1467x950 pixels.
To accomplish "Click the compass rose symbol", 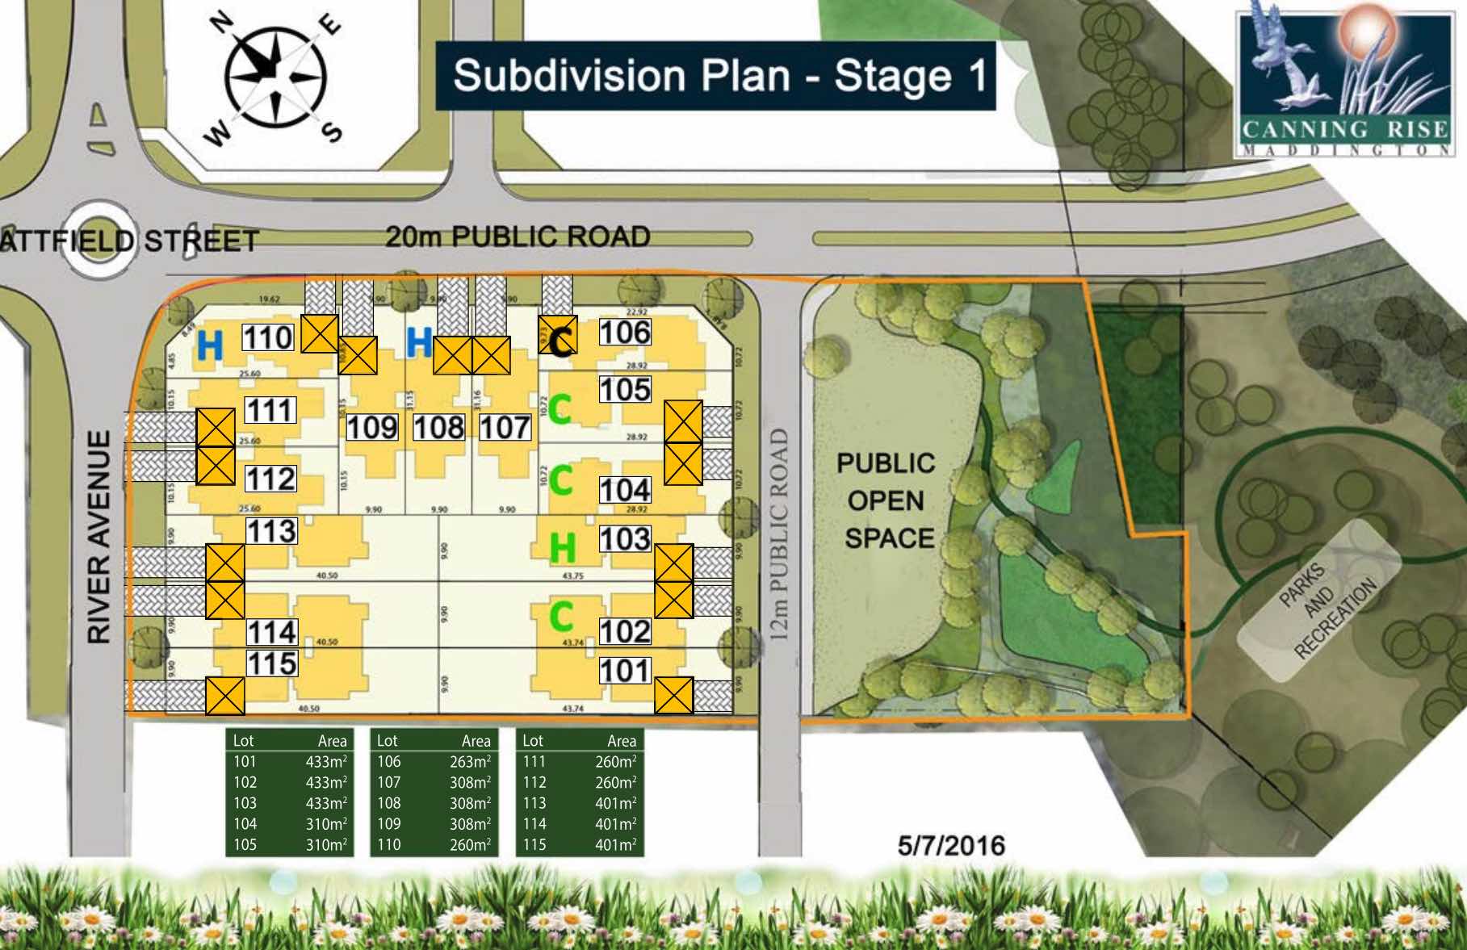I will coord(275,79).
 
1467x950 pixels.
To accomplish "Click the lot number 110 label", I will coord(268,337).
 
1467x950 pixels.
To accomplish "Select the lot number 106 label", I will coord(625,332).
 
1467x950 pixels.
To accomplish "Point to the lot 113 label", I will coord(271,531).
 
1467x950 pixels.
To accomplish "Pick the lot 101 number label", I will coord(625,671).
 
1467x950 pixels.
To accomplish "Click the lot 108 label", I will coord(438,427).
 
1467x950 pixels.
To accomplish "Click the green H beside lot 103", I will coord(562,549).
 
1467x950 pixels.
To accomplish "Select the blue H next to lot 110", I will coord(209,346).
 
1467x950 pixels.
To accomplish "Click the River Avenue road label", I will coord(98,536).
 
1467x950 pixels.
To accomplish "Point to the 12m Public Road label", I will coord(778,534).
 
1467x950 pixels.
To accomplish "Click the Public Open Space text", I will coord(886,500).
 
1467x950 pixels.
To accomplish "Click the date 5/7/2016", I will coord(951,845).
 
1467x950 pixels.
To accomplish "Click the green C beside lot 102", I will coord(561,617).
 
